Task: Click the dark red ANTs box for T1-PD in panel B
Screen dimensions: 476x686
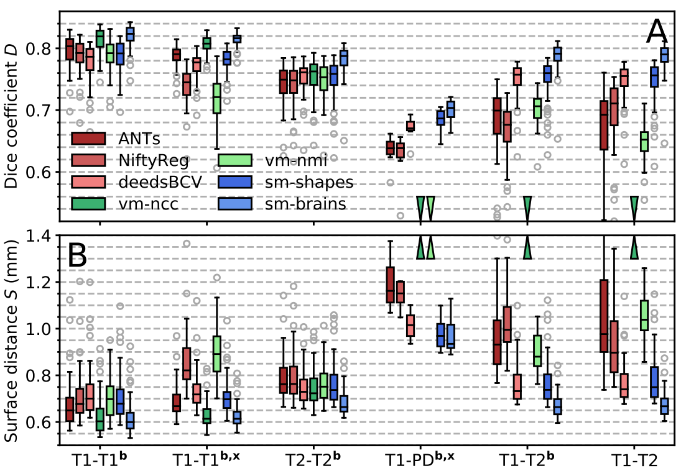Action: [x=390, y=285]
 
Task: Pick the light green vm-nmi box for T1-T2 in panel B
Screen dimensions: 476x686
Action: [x=644, y=314]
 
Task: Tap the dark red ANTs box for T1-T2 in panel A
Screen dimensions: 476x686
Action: [x=604, y=125]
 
